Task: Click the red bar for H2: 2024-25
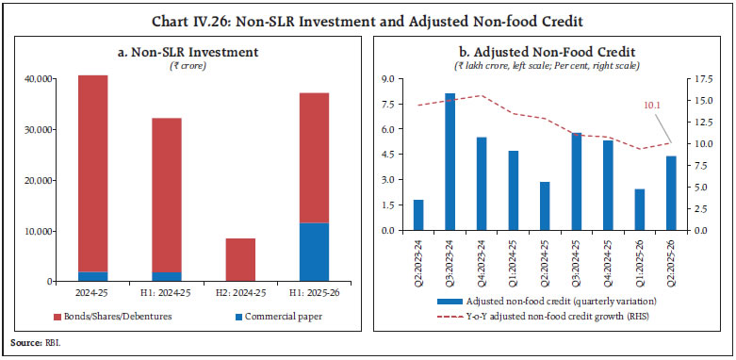240,259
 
